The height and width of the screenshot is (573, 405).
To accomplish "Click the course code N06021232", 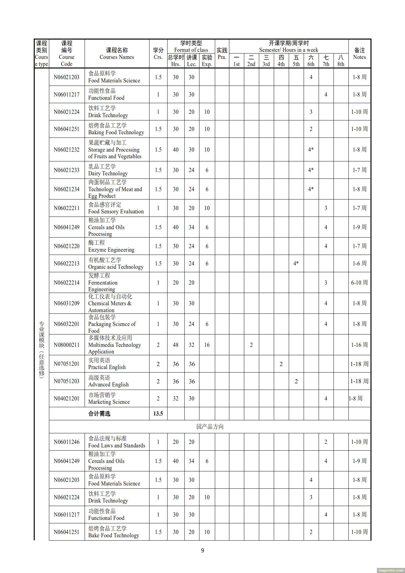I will pos(66,150).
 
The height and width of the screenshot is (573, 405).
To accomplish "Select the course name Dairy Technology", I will pos(108,174).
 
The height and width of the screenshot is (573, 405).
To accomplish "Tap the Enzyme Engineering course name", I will pos(111,250).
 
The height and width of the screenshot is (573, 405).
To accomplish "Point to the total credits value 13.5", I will pos(158,413).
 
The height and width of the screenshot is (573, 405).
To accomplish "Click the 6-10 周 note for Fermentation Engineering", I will pos(359,283).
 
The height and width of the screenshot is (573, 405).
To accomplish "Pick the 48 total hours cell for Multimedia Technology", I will pos(176,345).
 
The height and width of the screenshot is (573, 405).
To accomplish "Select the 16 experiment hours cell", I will pos(207,345).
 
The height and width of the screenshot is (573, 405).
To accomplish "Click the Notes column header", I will pos(359,54).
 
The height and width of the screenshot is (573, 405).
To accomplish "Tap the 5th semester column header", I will pos(296,61).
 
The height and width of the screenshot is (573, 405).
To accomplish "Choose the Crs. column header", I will pos(158,54).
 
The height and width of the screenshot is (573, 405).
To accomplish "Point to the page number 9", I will pos(203,550).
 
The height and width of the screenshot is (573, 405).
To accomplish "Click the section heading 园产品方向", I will pos(210,426).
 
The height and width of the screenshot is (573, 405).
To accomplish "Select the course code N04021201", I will pos(66,398).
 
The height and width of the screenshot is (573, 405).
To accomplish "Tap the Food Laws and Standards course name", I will pos(117,445).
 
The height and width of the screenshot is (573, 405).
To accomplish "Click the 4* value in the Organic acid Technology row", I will pos(296,263).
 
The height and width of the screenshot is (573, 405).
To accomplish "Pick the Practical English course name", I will pos(107,367).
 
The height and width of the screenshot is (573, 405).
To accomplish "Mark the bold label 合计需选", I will pos(99,413).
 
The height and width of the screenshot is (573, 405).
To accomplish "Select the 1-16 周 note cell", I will pos(359,345).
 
